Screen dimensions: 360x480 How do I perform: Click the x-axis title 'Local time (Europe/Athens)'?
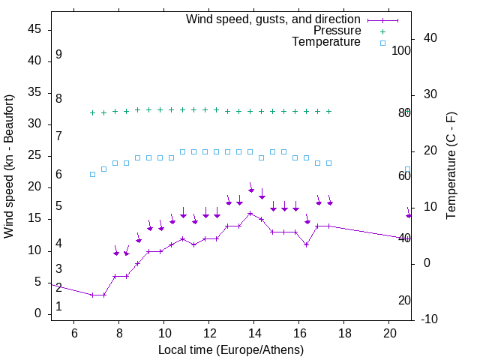point(231,350)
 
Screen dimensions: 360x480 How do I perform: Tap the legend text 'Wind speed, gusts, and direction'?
point(273,19)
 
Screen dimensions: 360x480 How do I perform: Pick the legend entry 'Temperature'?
point(326,42)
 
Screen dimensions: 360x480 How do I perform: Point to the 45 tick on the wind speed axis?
point(34,29)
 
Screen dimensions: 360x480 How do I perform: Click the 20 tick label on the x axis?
point(389,332)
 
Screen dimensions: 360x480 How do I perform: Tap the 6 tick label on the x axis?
point(74,332)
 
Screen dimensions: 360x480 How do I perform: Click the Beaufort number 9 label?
point(58,55)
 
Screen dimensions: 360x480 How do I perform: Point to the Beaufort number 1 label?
point(58,307)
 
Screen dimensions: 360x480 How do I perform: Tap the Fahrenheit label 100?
point(401,51)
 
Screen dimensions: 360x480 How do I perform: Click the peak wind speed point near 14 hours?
point(250,213)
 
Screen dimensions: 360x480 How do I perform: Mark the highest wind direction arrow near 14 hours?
point(251,187)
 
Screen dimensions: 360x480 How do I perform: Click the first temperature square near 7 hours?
point(92,174)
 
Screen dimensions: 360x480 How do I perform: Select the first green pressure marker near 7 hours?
point(92,112)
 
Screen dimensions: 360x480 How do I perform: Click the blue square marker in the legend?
point(382,43)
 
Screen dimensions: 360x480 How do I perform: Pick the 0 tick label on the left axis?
point(38,313)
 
